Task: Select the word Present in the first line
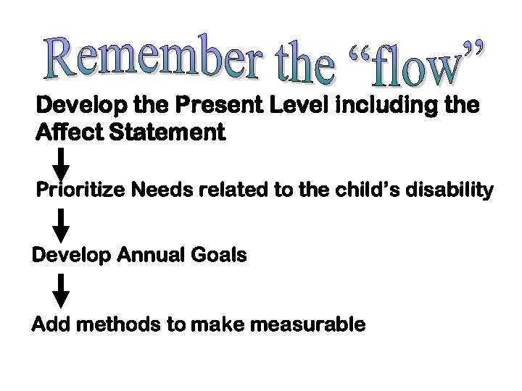coord(223,106)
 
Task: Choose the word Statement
coord(166,134)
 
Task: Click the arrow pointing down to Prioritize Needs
coord(63,164)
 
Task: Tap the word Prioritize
coord(83,191)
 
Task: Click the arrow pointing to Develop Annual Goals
coord(63,225)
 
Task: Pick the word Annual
coord(153,256)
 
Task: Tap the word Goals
coord(220,256)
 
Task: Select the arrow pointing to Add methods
coord(63,291)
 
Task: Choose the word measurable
coord(307,325)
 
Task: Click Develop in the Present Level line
coord(80,106)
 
